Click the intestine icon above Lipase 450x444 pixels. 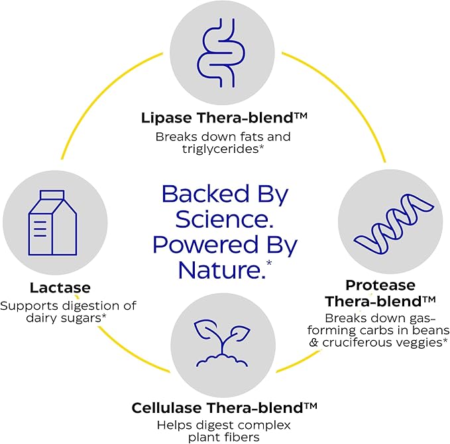point(221,53)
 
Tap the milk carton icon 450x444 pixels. point(52,222)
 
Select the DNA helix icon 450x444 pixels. point(394,224)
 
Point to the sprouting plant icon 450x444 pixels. point(222,343)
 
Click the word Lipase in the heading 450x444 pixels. point(167,118)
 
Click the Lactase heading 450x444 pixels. point(60,288)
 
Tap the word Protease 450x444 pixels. point(380,285)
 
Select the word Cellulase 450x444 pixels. point(167,408)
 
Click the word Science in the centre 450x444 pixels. point(224,220)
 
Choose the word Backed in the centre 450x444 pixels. point(205,194)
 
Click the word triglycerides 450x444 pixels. point(221,150)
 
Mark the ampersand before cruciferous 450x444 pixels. point(313,343)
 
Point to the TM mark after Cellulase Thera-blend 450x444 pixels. point(310,406)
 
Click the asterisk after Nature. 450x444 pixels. point(269,263)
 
